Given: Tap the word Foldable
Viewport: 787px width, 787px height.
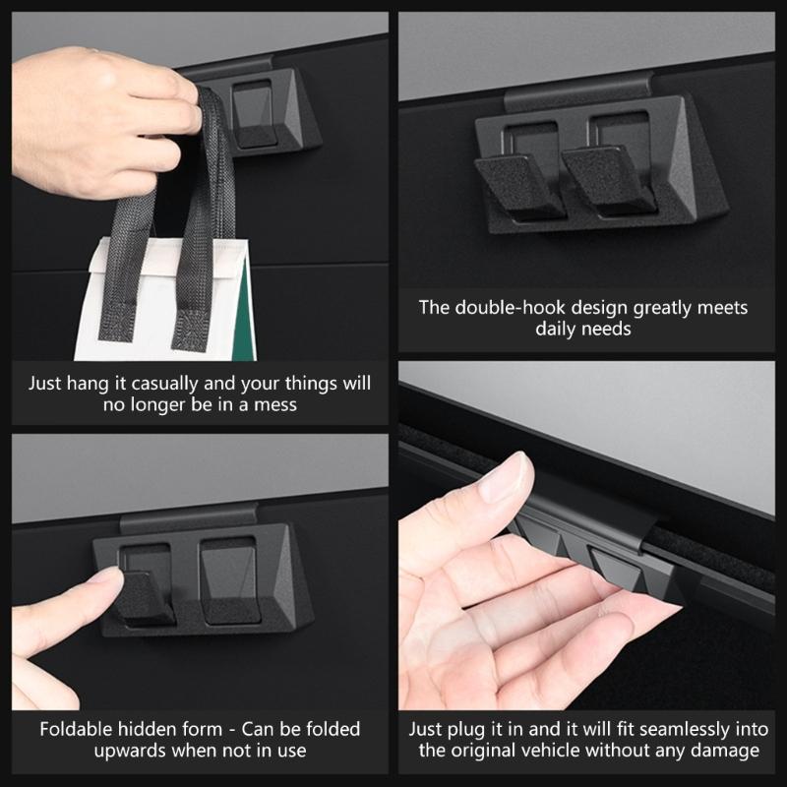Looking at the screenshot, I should pyautogui.click(x=78, y=730).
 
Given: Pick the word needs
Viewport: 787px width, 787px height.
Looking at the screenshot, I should pyautogui.click(x=607, y=330).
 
